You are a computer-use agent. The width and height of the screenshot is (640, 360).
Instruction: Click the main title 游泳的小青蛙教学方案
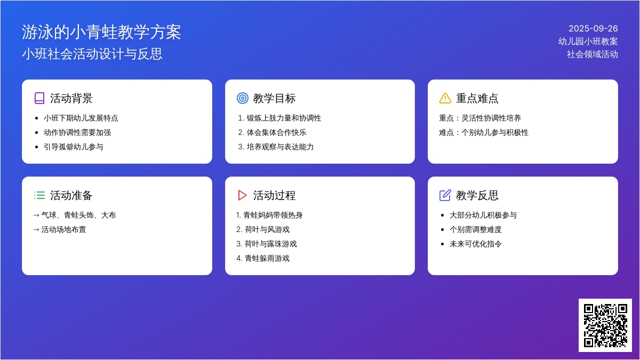pyautogui.click(x=101, y=32)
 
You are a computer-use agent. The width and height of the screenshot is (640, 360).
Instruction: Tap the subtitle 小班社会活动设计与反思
pyautogui.click(x=92, y=54)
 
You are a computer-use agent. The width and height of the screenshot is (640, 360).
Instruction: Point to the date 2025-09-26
pyautogui.click(x=593, y=29)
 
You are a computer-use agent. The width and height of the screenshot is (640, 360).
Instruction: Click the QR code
pyautogui.click(x=605, y=325)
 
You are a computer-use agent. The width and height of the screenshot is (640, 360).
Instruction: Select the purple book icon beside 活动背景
pyautogui.click(x=39, y=98)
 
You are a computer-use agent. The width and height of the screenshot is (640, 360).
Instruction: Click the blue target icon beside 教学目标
pyautogui.click(x=243, y=98)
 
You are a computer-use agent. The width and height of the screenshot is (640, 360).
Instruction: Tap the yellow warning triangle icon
pyautogui.click(x=445, y=98)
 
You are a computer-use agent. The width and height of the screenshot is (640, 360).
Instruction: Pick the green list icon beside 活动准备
pyautogui.click(x=39, y=195)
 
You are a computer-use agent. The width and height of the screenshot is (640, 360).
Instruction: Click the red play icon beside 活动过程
pyautogui.click(x=242, y=195)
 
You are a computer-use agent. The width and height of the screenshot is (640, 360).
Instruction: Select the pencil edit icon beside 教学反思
pyautogui.click(x=445, y=195)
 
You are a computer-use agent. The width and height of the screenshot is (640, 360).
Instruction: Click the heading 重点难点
pyautogui.click(x=477, y=98)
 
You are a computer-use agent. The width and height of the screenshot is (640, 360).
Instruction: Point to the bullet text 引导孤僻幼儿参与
pyautogui.click(x=74, y=147)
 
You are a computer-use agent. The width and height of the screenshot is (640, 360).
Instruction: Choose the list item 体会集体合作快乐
pyautogui.click(x=276, y=133)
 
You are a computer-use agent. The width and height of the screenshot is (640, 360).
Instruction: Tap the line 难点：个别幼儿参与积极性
pyautogui.click(x=484, y=133)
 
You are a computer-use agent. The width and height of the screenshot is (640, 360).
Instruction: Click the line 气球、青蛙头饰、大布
pyautogui.click(x=78, y=215)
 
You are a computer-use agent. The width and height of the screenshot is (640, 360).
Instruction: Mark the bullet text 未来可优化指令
pyautogui.click(x=476, y=244)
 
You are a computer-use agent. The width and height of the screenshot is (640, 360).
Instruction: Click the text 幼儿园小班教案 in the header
pyautogui.click(x=588, y=42)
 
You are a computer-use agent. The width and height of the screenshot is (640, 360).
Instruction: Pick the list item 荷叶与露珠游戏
pyautogui.click(x=270, y=244)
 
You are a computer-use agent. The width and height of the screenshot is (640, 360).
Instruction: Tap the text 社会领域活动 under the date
pyautogui.click(x=593, y=54)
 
